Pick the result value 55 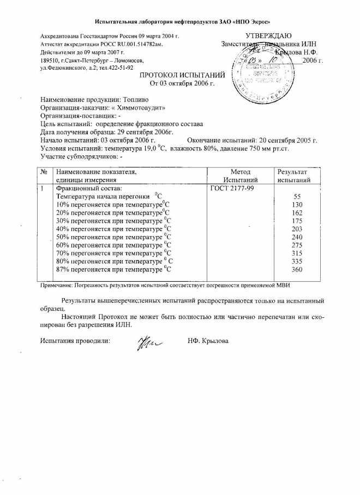point(297,196)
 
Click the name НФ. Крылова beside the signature point(208,341)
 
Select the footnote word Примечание point(58,285)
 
